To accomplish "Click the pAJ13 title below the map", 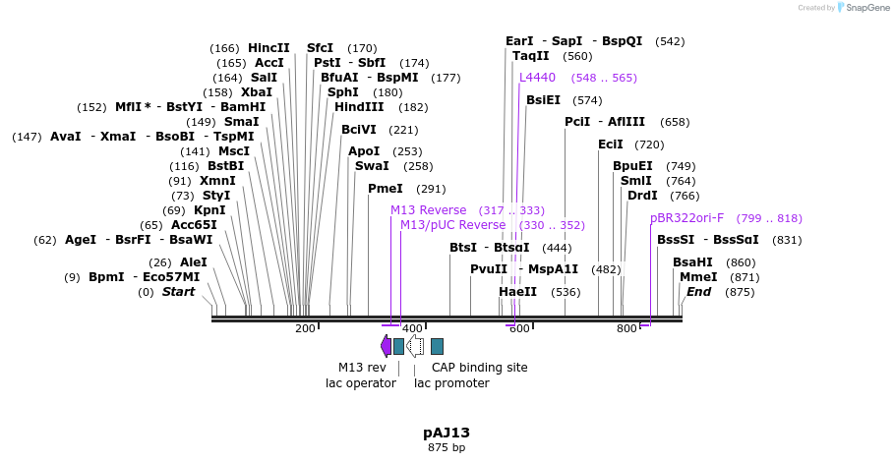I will click(x=447, y=433).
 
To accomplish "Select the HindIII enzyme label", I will click(x=359, y=107).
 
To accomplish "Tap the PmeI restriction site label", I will click(x=386, y=189).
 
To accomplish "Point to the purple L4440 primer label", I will click(x=537, y=78).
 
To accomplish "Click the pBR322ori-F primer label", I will click(x=686, y=218).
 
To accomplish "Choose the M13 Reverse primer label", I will click(x=428, y=210).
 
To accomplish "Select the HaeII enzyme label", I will click(x=518, y=292).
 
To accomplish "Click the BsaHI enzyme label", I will click(x=693, y=262).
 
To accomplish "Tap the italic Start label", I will click(x=178, y=292).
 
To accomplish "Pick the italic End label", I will click(x=698, y=292).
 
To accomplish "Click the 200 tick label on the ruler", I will click(x=305, y=328).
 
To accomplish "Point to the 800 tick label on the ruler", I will click(x=626, y=328).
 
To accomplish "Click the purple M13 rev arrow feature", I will click(x=386, y=345).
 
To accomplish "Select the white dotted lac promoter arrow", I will click(x=415, y=345).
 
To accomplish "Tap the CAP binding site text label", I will click(x=479, y=368).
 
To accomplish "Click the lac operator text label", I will click(x=361, y=383).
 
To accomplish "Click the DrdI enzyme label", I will click(x=642, y=196).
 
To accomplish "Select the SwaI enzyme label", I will click(x=372, y=166).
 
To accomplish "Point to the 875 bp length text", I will click(x=447, y=448).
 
